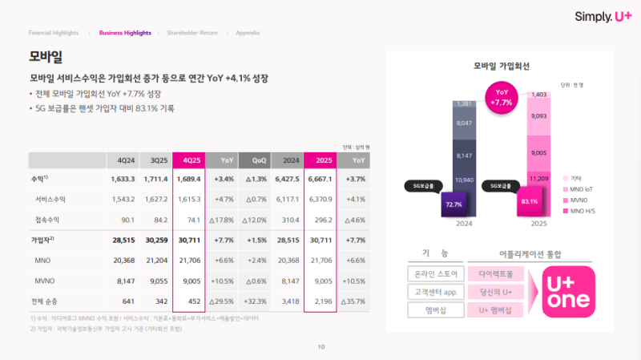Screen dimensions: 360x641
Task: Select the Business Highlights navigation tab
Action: coord(124,33)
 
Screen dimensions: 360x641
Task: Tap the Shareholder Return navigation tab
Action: coord(191,33)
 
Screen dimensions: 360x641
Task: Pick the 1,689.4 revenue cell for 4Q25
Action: coord(188,179)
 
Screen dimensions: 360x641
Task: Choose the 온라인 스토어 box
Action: coord(432,273)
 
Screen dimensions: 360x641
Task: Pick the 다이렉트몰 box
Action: coord(497,273)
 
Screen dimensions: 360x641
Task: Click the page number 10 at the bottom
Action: coord(320,346)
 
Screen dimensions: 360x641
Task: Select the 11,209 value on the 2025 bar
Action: coord(537,178)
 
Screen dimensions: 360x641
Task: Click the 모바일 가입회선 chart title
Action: coord(501,66)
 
